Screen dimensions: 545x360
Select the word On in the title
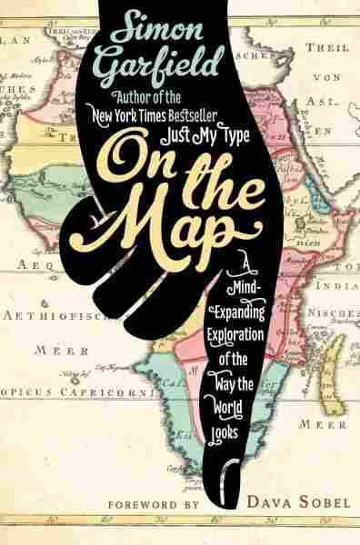[x=148, y=155]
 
